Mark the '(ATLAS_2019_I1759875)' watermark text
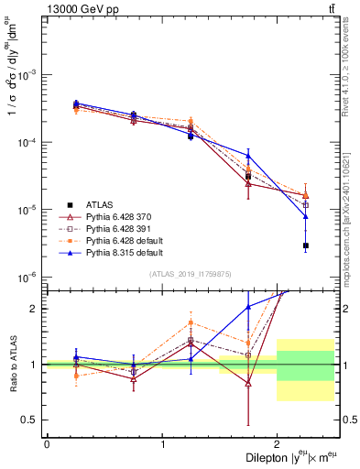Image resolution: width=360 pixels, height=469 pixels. [x=191, y=274]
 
